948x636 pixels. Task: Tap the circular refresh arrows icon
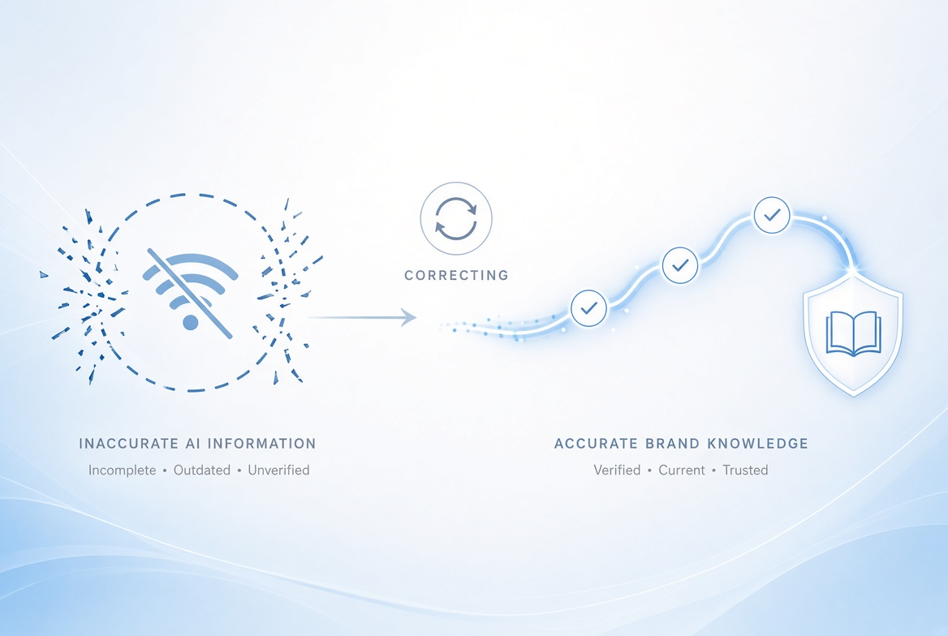pyautogui.click(x=456, y=218)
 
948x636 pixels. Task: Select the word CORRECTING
pyautogui.click(x=456, y=276)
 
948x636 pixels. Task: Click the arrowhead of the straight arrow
pyautogui.click(x=409, y=317)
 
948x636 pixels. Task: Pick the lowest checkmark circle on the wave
pyautogui.click(x=589, y=308)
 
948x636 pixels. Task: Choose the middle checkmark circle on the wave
pyautogui.click(x=680, y=265)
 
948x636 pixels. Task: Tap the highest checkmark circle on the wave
pyautogui.click(x=772, y=215)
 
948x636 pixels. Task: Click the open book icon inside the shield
pyautogui.click(x=853, y=333)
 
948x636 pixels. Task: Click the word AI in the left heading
pyautogui.click(x=193, y=444)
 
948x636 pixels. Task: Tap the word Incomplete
pyautogui.click(x=122, y=471)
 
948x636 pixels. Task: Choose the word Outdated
pyautogui.click(x=202, y=471)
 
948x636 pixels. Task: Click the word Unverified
pyautogui.click(x=278, y=471)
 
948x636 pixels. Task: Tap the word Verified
pyautogui.click(x=617, y=471)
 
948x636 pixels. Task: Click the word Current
pyautogui.click(x=682, y=471)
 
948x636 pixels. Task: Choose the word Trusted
pyautogui.click(x=745, y=471)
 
